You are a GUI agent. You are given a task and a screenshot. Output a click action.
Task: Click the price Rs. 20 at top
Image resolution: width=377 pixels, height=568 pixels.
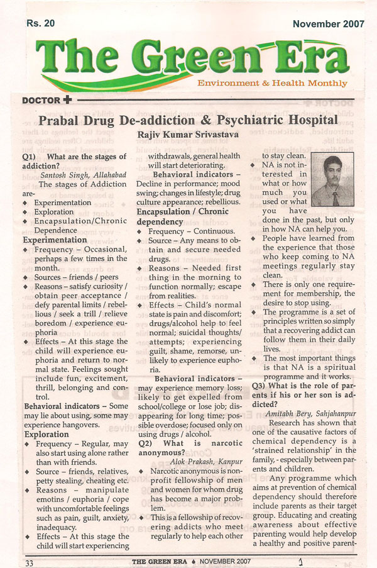(41, 24)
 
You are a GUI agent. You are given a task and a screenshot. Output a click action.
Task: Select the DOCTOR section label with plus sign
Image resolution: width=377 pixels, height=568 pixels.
(47, 99)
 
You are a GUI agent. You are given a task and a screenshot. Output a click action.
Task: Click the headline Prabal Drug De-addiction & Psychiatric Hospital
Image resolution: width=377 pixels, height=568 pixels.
(188, 120)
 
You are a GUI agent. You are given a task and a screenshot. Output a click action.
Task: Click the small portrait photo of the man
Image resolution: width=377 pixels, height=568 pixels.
(331, 181)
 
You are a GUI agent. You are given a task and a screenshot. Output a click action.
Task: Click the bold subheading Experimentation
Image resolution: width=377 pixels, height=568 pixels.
(55, 240)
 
